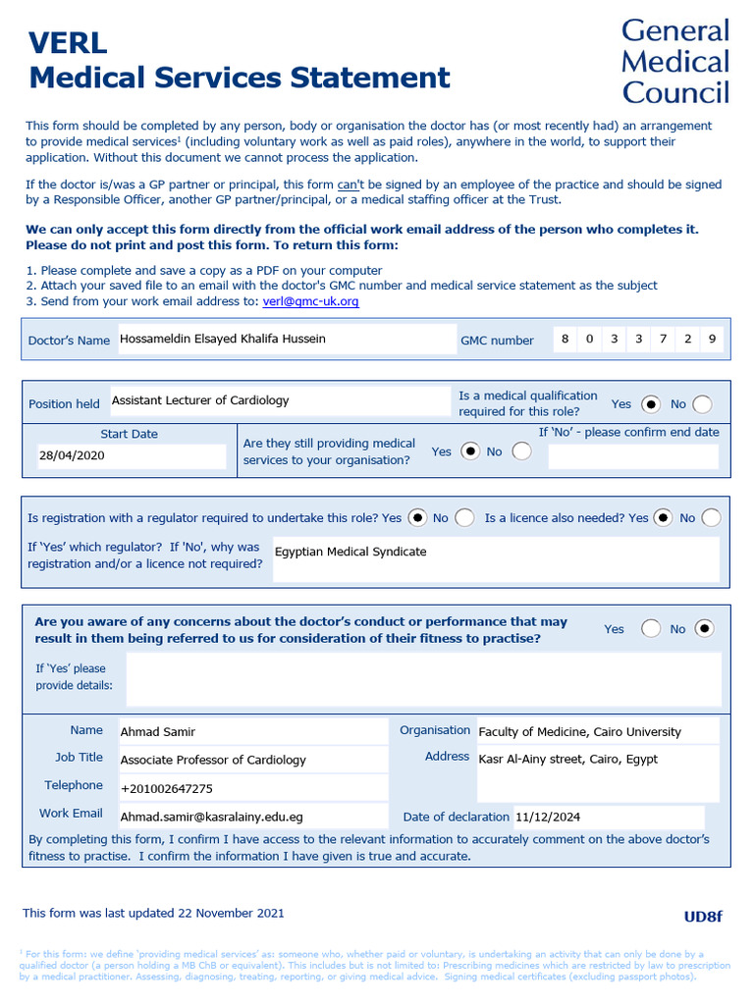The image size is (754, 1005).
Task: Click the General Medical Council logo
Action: point(675,61)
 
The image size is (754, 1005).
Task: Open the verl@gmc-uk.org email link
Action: point(310,301)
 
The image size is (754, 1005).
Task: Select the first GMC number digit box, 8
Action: point(565,340)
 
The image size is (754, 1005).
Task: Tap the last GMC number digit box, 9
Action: point(712,340)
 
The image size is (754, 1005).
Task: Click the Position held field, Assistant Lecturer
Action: point(279,400)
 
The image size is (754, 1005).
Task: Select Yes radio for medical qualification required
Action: point(651,404)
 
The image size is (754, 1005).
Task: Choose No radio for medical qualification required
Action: point(702,404)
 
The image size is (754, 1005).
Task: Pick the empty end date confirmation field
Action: point(632,456)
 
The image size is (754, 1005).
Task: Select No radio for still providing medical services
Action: point(522,451)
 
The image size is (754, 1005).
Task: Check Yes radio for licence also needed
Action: point(663,517)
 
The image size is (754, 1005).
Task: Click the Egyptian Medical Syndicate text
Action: point(350,552)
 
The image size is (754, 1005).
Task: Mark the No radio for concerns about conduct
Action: point(704,629)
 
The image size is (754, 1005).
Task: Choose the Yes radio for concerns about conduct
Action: point(650,629)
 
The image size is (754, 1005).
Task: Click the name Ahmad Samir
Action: point(158,732)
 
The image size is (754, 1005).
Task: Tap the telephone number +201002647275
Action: point(166,788)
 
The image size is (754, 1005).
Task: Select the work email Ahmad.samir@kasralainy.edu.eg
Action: point(211,817)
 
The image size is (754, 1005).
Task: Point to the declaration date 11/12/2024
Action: point(548,817)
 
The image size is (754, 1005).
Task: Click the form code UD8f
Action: point(703,917)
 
